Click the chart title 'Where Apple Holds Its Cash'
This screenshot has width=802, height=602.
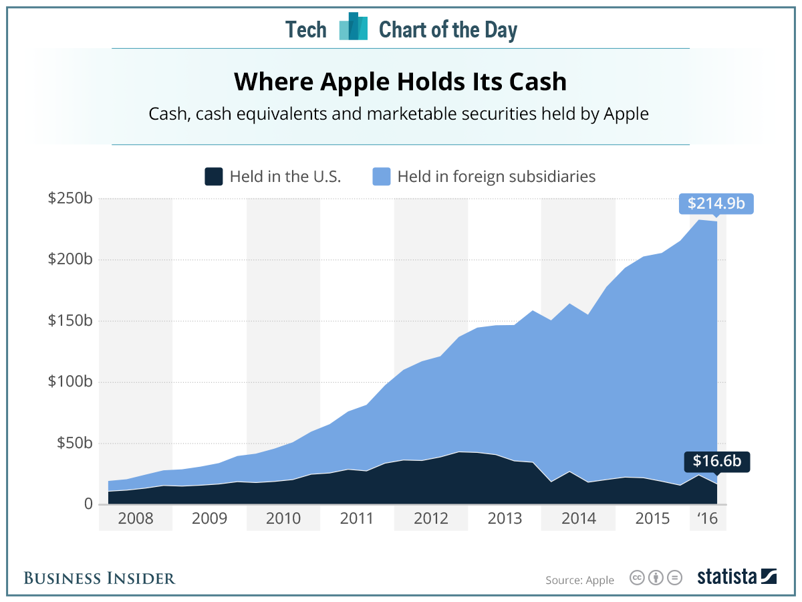pos(400,82)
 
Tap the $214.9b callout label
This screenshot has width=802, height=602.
pos(716,203)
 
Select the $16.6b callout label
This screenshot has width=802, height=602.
pos(716,462)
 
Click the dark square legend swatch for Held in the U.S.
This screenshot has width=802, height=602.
pos(213,177)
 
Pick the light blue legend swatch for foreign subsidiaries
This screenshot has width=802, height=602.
pos(381,177)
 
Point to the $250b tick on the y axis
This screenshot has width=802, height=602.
pos(70,199)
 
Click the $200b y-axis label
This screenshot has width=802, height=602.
pos(70,260)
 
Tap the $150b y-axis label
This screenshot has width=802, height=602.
pos(70,321)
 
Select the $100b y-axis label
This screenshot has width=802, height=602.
pos(70,382)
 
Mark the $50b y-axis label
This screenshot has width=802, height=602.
pos(73,443)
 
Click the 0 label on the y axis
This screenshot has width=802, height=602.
pos(87,504)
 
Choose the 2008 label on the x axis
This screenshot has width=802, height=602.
pos(135,519)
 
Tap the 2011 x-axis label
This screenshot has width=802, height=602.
pos(357,519)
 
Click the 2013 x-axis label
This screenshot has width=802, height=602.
pos(505,519)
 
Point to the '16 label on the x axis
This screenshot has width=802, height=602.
pos(707,519)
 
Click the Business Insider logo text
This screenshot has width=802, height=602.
pos(100,578)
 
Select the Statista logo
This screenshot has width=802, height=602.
pos(737,577)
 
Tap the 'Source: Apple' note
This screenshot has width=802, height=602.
pos(579,580)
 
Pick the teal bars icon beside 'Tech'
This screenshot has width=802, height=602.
pos(353,28)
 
